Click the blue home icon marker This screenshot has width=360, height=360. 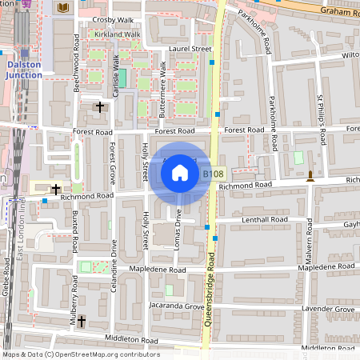(180, 172)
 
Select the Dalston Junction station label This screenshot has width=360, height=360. (24, 70)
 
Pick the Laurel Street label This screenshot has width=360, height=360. (191, 49)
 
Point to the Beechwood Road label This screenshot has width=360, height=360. (76, 68)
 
